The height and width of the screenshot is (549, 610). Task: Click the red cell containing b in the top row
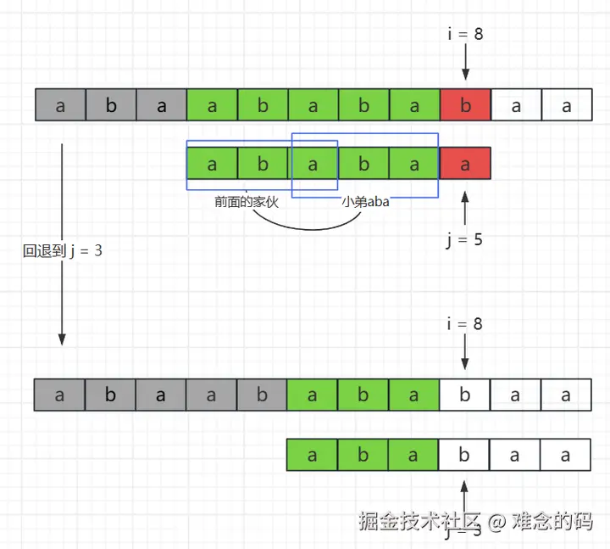tap(465, 106)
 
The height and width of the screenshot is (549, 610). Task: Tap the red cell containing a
tap(465, 165)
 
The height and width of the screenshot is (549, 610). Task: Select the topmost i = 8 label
tap(465, 36)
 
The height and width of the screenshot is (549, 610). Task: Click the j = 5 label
tap(464, 239)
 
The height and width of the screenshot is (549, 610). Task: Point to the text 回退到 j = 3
tap(63, 250)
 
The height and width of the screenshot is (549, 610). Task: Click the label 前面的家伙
tap(247, 203)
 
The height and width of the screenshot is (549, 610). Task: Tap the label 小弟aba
tap(365, 203)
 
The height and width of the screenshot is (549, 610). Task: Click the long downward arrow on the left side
tap(62, 246)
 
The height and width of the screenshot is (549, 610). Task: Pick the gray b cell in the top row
tap(111, 106)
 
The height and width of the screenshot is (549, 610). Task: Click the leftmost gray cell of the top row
tap(60, 106)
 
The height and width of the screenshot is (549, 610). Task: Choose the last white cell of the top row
tap(566, 106)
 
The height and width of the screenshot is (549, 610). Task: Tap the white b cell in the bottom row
tap(464, 455)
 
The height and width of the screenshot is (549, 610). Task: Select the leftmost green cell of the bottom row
tap(313, 455)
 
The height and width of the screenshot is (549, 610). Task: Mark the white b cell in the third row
tap(464, 395)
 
